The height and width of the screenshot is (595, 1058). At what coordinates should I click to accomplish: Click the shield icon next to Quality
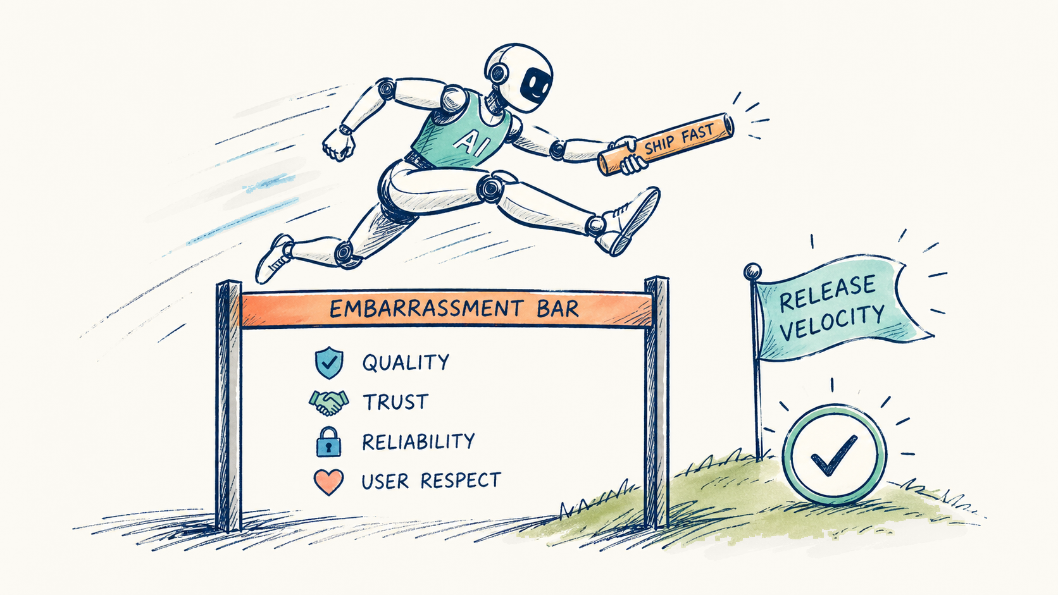point(329,362)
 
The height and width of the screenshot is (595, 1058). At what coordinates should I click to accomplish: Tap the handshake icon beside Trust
point(329,403)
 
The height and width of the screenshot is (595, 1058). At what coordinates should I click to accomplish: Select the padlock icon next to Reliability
point(329,441)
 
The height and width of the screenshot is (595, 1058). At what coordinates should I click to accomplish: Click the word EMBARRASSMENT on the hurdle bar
point(426,309)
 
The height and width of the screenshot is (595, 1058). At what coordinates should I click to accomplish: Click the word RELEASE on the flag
point(827,293)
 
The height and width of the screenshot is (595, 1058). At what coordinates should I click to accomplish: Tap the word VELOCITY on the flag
point(831,323)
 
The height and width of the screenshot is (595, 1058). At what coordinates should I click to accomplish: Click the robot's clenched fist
point(337,143)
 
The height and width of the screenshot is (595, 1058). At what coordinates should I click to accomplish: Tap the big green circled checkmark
point(834,455)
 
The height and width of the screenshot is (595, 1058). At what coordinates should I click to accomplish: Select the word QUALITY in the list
point(406,362)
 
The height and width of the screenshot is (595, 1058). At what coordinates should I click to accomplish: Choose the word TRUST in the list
point(395,402)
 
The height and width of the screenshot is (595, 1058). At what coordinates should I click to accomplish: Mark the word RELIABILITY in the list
point(418,441)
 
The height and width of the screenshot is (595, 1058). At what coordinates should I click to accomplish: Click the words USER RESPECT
point(431,481)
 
